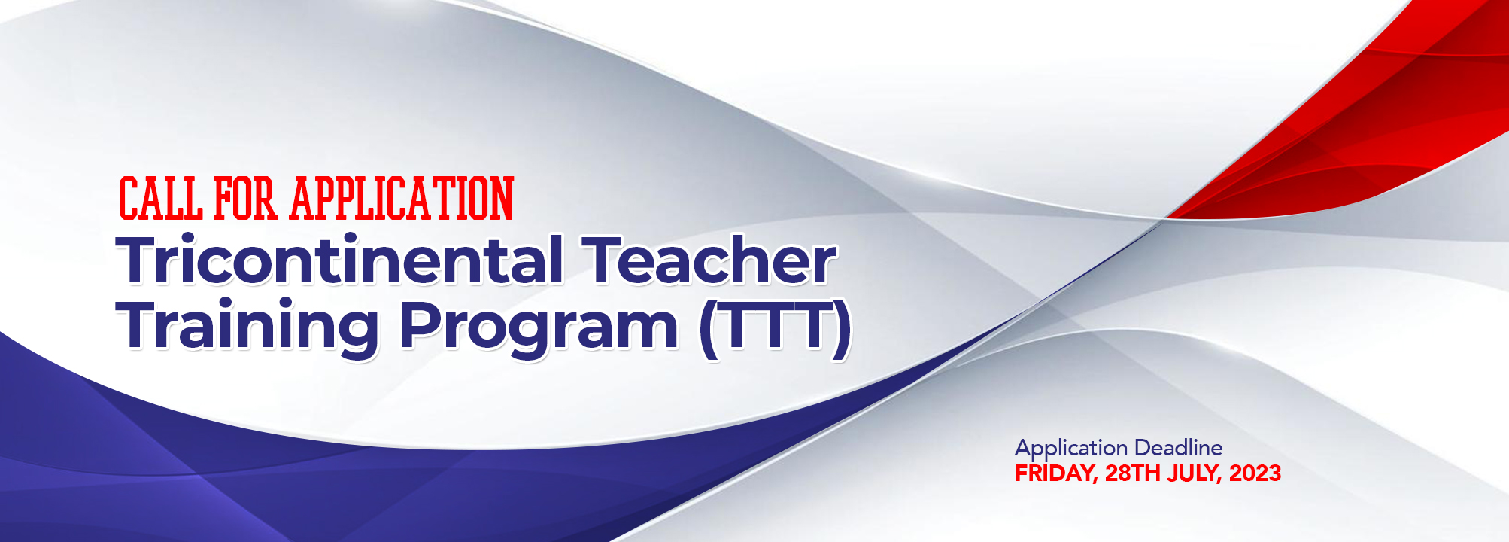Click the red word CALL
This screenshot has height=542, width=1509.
pos(160,199)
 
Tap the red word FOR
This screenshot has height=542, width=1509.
pos(246,199)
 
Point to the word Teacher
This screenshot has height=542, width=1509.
pos(712,260)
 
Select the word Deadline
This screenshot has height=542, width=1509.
pos(1178,449)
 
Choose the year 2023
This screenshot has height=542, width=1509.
pos(1255,473)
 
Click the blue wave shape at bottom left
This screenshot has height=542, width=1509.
pos(226,482)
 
